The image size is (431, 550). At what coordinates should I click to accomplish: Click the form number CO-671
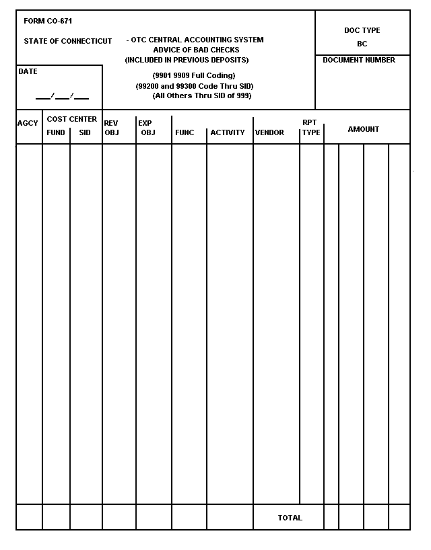[x=48, y=22]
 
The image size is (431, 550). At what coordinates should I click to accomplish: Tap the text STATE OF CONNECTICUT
[x=68, y=41]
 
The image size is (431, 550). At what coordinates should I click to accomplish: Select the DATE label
[x=28, y=71]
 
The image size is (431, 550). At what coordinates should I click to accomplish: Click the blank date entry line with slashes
[x=62, y=96]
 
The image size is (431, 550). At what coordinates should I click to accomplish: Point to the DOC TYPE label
[x=362, y=30]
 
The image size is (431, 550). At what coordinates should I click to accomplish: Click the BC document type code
[x=362, y=44]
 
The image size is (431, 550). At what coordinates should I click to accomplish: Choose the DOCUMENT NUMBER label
[x=359, y=61]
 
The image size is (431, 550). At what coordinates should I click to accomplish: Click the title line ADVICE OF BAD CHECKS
[x=196, y=50]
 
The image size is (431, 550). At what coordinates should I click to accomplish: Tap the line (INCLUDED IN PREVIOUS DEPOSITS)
[x=187, y=60]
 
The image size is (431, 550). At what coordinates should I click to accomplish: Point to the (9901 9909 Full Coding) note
[x=194, y=75]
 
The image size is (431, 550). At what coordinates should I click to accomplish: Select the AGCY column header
[x=28, y=123]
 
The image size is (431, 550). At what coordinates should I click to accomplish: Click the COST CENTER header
[x=72, y=119]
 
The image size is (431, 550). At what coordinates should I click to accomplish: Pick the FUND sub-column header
[x=56, y=132]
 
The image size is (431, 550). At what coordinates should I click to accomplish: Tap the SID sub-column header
[x=85, y=132]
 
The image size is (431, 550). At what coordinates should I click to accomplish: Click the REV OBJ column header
[x=111, y=128]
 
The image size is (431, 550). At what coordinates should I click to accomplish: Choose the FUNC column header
[x=185, y=132]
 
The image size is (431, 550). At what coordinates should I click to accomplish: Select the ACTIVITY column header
[x=228, y=132]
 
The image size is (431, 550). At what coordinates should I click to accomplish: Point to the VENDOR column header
[x=269, y=132]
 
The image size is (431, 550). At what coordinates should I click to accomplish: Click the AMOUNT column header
[x=364, y=129]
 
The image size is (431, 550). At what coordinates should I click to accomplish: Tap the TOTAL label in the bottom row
[x=290, y=518]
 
